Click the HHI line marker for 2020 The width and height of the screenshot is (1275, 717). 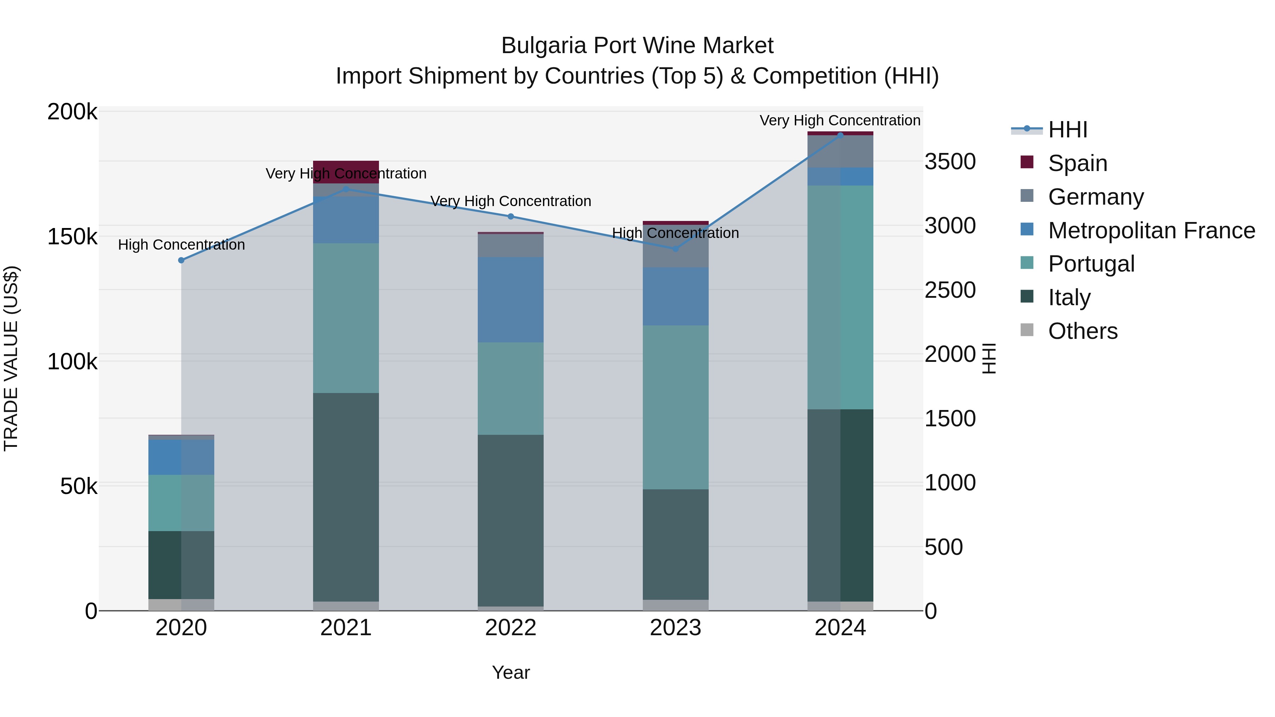point(181,260)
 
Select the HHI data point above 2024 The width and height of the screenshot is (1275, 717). point(840,135)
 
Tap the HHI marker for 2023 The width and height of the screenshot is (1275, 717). point(676,249)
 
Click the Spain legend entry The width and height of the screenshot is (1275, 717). point(1077,163)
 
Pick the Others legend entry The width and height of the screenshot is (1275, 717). point(1082,331)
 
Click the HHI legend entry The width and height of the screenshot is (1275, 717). point(1067,130)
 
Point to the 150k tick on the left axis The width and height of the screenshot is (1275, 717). point(72,237)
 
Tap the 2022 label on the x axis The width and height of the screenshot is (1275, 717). point(510,628)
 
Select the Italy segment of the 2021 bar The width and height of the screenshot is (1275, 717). point(346,497)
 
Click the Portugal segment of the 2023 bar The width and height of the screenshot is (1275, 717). point(676,407)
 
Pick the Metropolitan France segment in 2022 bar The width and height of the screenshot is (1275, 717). point(510,300)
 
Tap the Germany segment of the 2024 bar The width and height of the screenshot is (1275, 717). point(840,152)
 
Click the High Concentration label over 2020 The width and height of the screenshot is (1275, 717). point(181,245)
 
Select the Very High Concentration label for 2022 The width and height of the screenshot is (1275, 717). point(510,201)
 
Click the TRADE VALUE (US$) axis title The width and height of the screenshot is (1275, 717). point(11,359)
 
